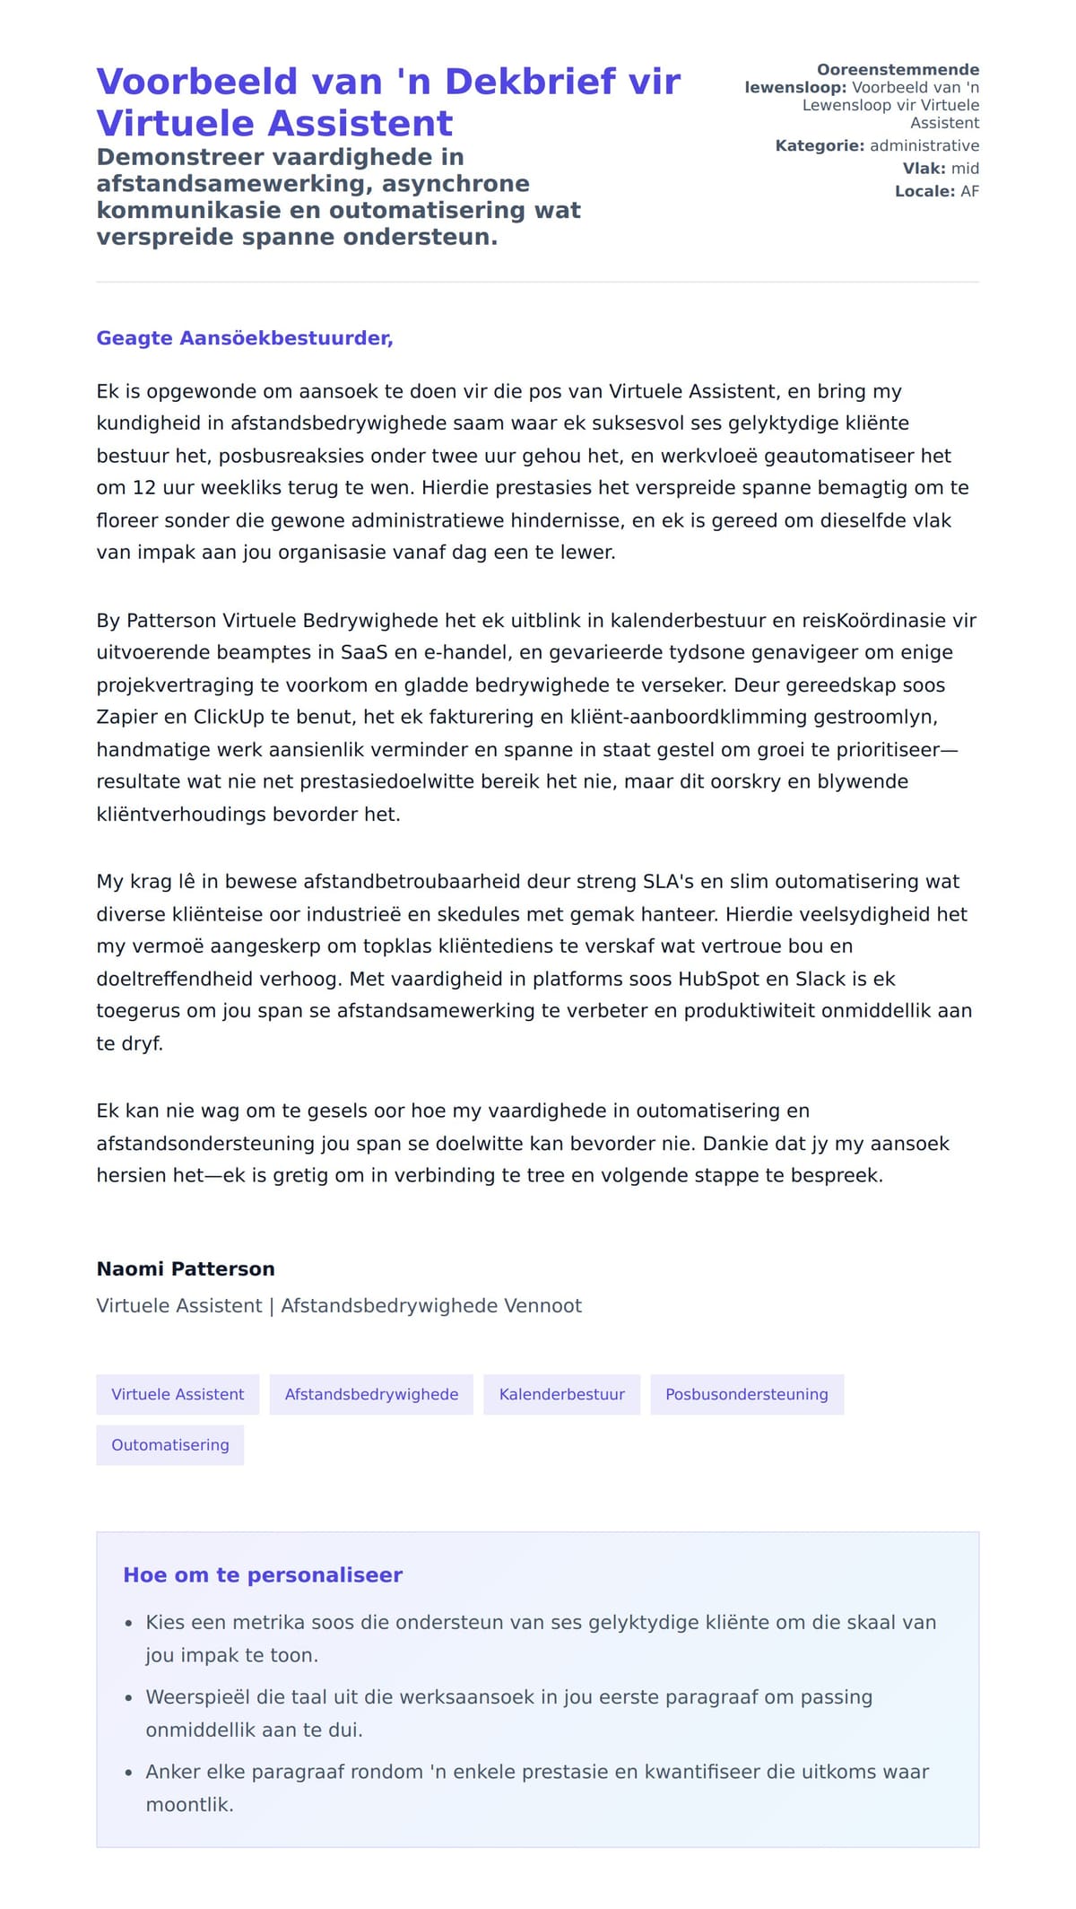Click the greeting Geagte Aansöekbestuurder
[x=245, y=338]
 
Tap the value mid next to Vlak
[x=965, y=169]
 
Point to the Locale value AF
[x=969, y=191]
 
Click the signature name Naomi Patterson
[x=186, y=1268]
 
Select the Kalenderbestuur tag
[x=561, y=1394]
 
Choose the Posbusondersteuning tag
[x=746, y=1394]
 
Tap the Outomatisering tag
[x=169, y=1444]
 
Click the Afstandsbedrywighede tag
[x=371, y=1394]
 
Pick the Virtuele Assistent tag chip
[x=178, y=1394]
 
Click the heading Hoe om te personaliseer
[x=262, y=1574]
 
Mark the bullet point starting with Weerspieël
[x=508, y=1713]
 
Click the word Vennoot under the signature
[x=542, y=1305]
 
